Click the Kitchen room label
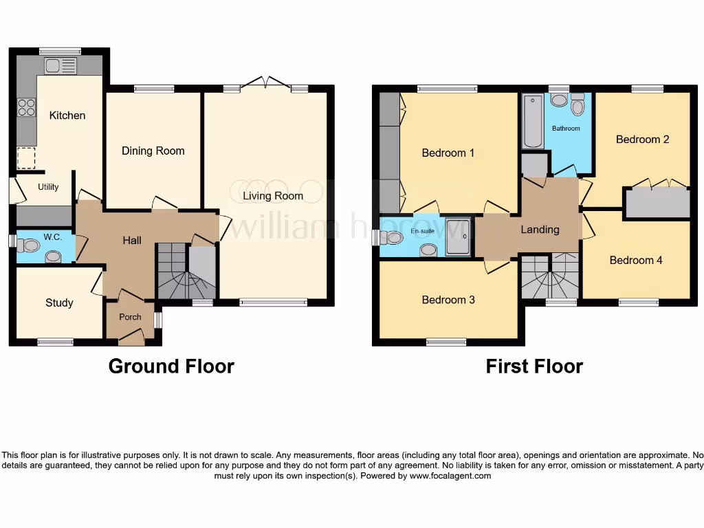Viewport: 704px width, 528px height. click(67, 115)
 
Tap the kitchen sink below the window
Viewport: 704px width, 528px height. click(60, 66)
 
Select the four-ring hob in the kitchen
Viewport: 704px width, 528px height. click(26, 107)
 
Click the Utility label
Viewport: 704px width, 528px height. click(48, 187)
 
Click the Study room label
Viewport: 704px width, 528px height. click(59, 302)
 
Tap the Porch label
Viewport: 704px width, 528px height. click(130, 317)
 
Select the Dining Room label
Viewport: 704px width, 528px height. click(153, 151)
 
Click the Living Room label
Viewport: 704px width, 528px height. click(273, 196)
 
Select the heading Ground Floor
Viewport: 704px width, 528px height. click(171, 366)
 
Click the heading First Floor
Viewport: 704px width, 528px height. click(534, 366)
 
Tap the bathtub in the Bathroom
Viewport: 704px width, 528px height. click(533, 122)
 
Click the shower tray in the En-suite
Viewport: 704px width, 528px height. click(458, 237)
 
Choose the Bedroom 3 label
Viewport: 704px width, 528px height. click(448, 300)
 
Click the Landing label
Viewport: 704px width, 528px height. click(540, 230)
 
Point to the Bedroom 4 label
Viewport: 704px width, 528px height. click(636, 260)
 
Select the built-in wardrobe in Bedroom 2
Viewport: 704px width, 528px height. click(657, 203)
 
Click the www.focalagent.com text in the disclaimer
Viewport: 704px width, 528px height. click(450, 476)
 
